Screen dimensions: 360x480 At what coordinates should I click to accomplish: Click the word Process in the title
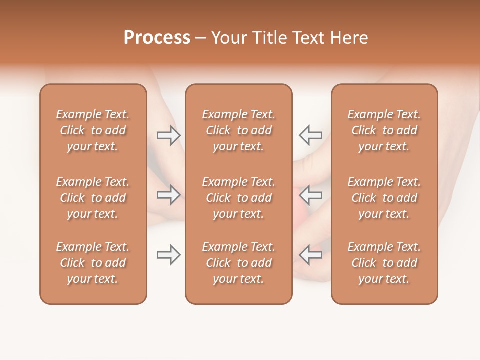click(157, 38)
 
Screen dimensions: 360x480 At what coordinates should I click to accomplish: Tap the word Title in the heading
click(270, 38)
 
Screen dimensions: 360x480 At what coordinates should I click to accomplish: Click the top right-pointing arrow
click(168, 135)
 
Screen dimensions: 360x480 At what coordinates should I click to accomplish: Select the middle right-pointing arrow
click(168, 195)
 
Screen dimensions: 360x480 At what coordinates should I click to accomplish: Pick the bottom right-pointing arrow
click(168, 255)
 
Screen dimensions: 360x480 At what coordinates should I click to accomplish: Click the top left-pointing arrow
click(310, 135)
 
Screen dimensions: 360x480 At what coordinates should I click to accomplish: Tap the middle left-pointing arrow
click(310, 195)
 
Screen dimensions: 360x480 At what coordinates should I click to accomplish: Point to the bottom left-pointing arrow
click(310, 255)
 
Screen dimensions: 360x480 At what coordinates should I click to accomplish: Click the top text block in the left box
click(93, 130)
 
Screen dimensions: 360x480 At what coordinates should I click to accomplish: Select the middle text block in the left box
click(93, 198)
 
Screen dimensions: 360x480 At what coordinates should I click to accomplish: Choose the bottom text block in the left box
click(93, 263)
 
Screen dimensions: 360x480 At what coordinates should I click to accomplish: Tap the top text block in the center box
click(239, 130)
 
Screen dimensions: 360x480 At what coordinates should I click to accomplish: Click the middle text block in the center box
click(239, 198)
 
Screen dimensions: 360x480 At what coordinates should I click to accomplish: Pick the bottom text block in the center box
click(239, 263)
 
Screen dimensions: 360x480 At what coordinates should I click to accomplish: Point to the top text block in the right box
click(384, 130)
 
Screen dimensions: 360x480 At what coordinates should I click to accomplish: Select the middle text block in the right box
click(384, 198)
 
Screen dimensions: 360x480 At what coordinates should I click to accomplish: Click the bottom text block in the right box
click(384, 263)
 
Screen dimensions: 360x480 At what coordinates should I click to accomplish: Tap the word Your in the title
click(229, 38)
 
